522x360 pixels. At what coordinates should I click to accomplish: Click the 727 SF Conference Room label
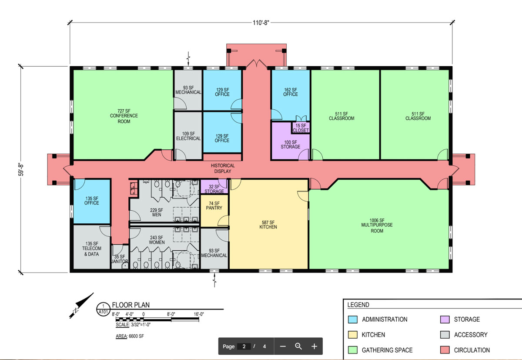124,116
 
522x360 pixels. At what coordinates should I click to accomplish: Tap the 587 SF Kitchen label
268,225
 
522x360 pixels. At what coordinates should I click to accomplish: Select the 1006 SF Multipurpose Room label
377,225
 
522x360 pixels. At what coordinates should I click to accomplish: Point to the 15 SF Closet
301,128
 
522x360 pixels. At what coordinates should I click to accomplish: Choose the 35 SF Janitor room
120,256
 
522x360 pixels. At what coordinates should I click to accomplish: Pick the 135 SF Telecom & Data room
92,247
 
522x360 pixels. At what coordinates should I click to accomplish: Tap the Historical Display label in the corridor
223,168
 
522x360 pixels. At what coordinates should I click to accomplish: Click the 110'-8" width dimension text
261,23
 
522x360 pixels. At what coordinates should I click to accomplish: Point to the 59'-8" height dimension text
21,170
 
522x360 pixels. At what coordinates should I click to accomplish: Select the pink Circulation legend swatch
445,350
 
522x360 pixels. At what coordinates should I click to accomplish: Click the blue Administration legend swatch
353,319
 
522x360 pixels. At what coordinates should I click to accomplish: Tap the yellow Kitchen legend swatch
353,335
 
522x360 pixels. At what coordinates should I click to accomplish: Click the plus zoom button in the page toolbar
314,346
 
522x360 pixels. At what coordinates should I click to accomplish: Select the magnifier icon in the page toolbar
298,346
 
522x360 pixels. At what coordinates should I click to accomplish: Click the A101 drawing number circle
103,309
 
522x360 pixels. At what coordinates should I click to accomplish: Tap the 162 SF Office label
291,92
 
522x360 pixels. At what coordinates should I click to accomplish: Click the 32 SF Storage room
214,186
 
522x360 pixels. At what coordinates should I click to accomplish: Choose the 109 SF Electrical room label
188,136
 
